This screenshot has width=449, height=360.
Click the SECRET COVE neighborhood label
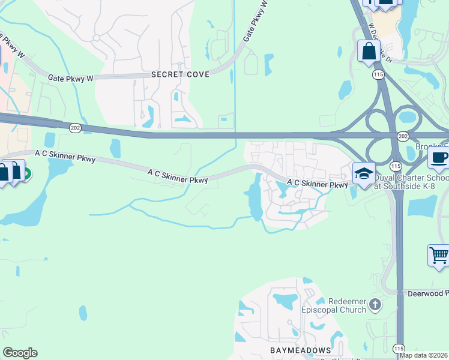tap(180, 74)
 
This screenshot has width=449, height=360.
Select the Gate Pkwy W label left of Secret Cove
tap(72, 77)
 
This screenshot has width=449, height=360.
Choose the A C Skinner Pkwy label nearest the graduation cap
tap(317, 184)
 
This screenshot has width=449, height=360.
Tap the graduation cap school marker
tap(363, 173)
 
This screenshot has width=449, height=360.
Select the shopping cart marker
tap(438, 255)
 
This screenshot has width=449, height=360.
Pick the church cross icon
tap(376, 305)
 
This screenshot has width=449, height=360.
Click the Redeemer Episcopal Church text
tap(348, 305)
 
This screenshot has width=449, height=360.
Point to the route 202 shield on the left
tap(75, 127)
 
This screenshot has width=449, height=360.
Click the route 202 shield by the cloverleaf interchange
tap(402, 136)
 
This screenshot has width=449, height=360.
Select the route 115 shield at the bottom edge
tap(399, 349)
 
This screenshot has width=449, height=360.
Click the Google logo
tap(20, 353)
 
